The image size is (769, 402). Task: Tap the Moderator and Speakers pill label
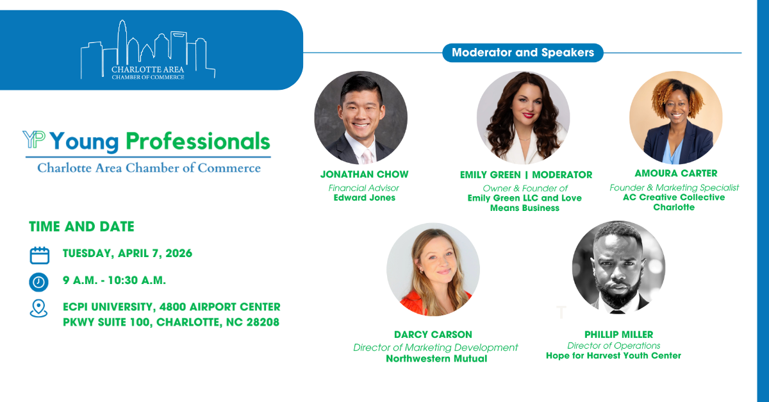[523, 53]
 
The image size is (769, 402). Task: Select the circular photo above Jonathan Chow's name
[361, 117]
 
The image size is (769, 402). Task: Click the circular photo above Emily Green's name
[523, 117]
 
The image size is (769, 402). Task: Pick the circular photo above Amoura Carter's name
[675, 117]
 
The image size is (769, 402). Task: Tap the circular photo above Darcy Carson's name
[433, 269]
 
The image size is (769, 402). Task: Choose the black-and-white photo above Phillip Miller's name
[618, 267]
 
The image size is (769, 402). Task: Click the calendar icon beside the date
[40, 255]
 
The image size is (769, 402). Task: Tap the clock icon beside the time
[39, 281]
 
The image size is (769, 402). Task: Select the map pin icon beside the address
[39, 308]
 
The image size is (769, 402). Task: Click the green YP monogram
[33, 140]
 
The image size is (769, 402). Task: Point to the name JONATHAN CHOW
[364, 174]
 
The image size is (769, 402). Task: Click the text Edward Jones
[364, 197]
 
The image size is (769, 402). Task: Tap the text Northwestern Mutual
[436, 358]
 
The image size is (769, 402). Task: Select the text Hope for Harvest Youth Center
[613, 355]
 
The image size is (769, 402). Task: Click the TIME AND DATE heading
[81, 226]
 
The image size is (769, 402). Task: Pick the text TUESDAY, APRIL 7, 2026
[127, 253]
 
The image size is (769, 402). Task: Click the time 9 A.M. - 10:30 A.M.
[114, 280]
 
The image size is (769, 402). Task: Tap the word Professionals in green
[197, 140]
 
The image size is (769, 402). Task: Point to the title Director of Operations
[613, 346]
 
